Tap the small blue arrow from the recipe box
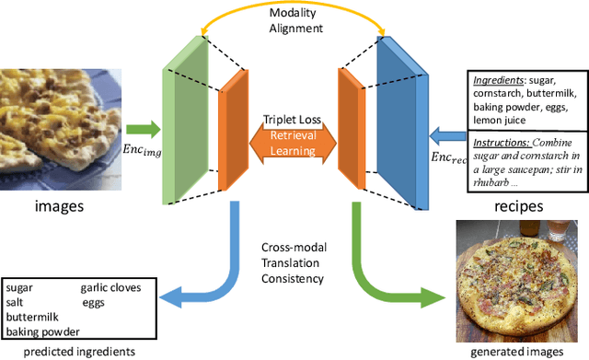[x=449, y=135]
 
